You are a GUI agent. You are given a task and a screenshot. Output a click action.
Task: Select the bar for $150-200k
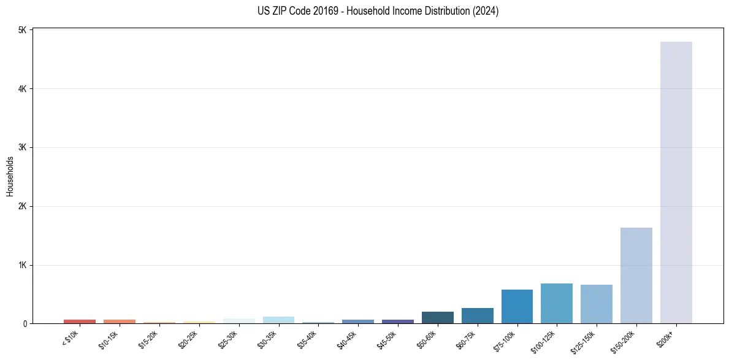click(x=636, y=275)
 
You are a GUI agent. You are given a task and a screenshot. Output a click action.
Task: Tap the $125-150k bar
click(x=596, y=304)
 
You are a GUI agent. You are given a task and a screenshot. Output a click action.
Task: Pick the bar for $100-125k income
click(x=556, y=303)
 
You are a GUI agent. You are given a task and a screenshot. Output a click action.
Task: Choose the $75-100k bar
click(x=517, y=306)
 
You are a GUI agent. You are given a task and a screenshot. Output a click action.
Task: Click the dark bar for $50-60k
click(x=437, y=317)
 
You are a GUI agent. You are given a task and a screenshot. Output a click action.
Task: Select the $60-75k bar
click(x=477, y=315)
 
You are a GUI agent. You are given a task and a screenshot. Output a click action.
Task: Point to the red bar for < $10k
click(x=80, y=321)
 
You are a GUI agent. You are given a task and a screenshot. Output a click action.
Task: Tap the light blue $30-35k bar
click(x=278, y=320)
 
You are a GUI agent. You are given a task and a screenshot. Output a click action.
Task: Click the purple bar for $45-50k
click(x=397, y=321)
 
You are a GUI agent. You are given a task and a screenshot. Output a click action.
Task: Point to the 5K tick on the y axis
click(x=21, y=30)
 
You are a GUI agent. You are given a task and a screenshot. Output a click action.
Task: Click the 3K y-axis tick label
click(x=21, y=147)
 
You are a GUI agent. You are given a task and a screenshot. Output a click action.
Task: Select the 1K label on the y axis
click(x=21, y=265)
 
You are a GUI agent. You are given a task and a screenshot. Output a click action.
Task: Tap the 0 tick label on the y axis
click(x=24, y=323)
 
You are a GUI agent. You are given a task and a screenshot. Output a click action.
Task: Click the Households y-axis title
click(x=10, y=176)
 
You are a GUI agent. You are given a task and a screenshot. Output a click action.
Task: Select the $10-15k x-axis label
click(x=108, y=338)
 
